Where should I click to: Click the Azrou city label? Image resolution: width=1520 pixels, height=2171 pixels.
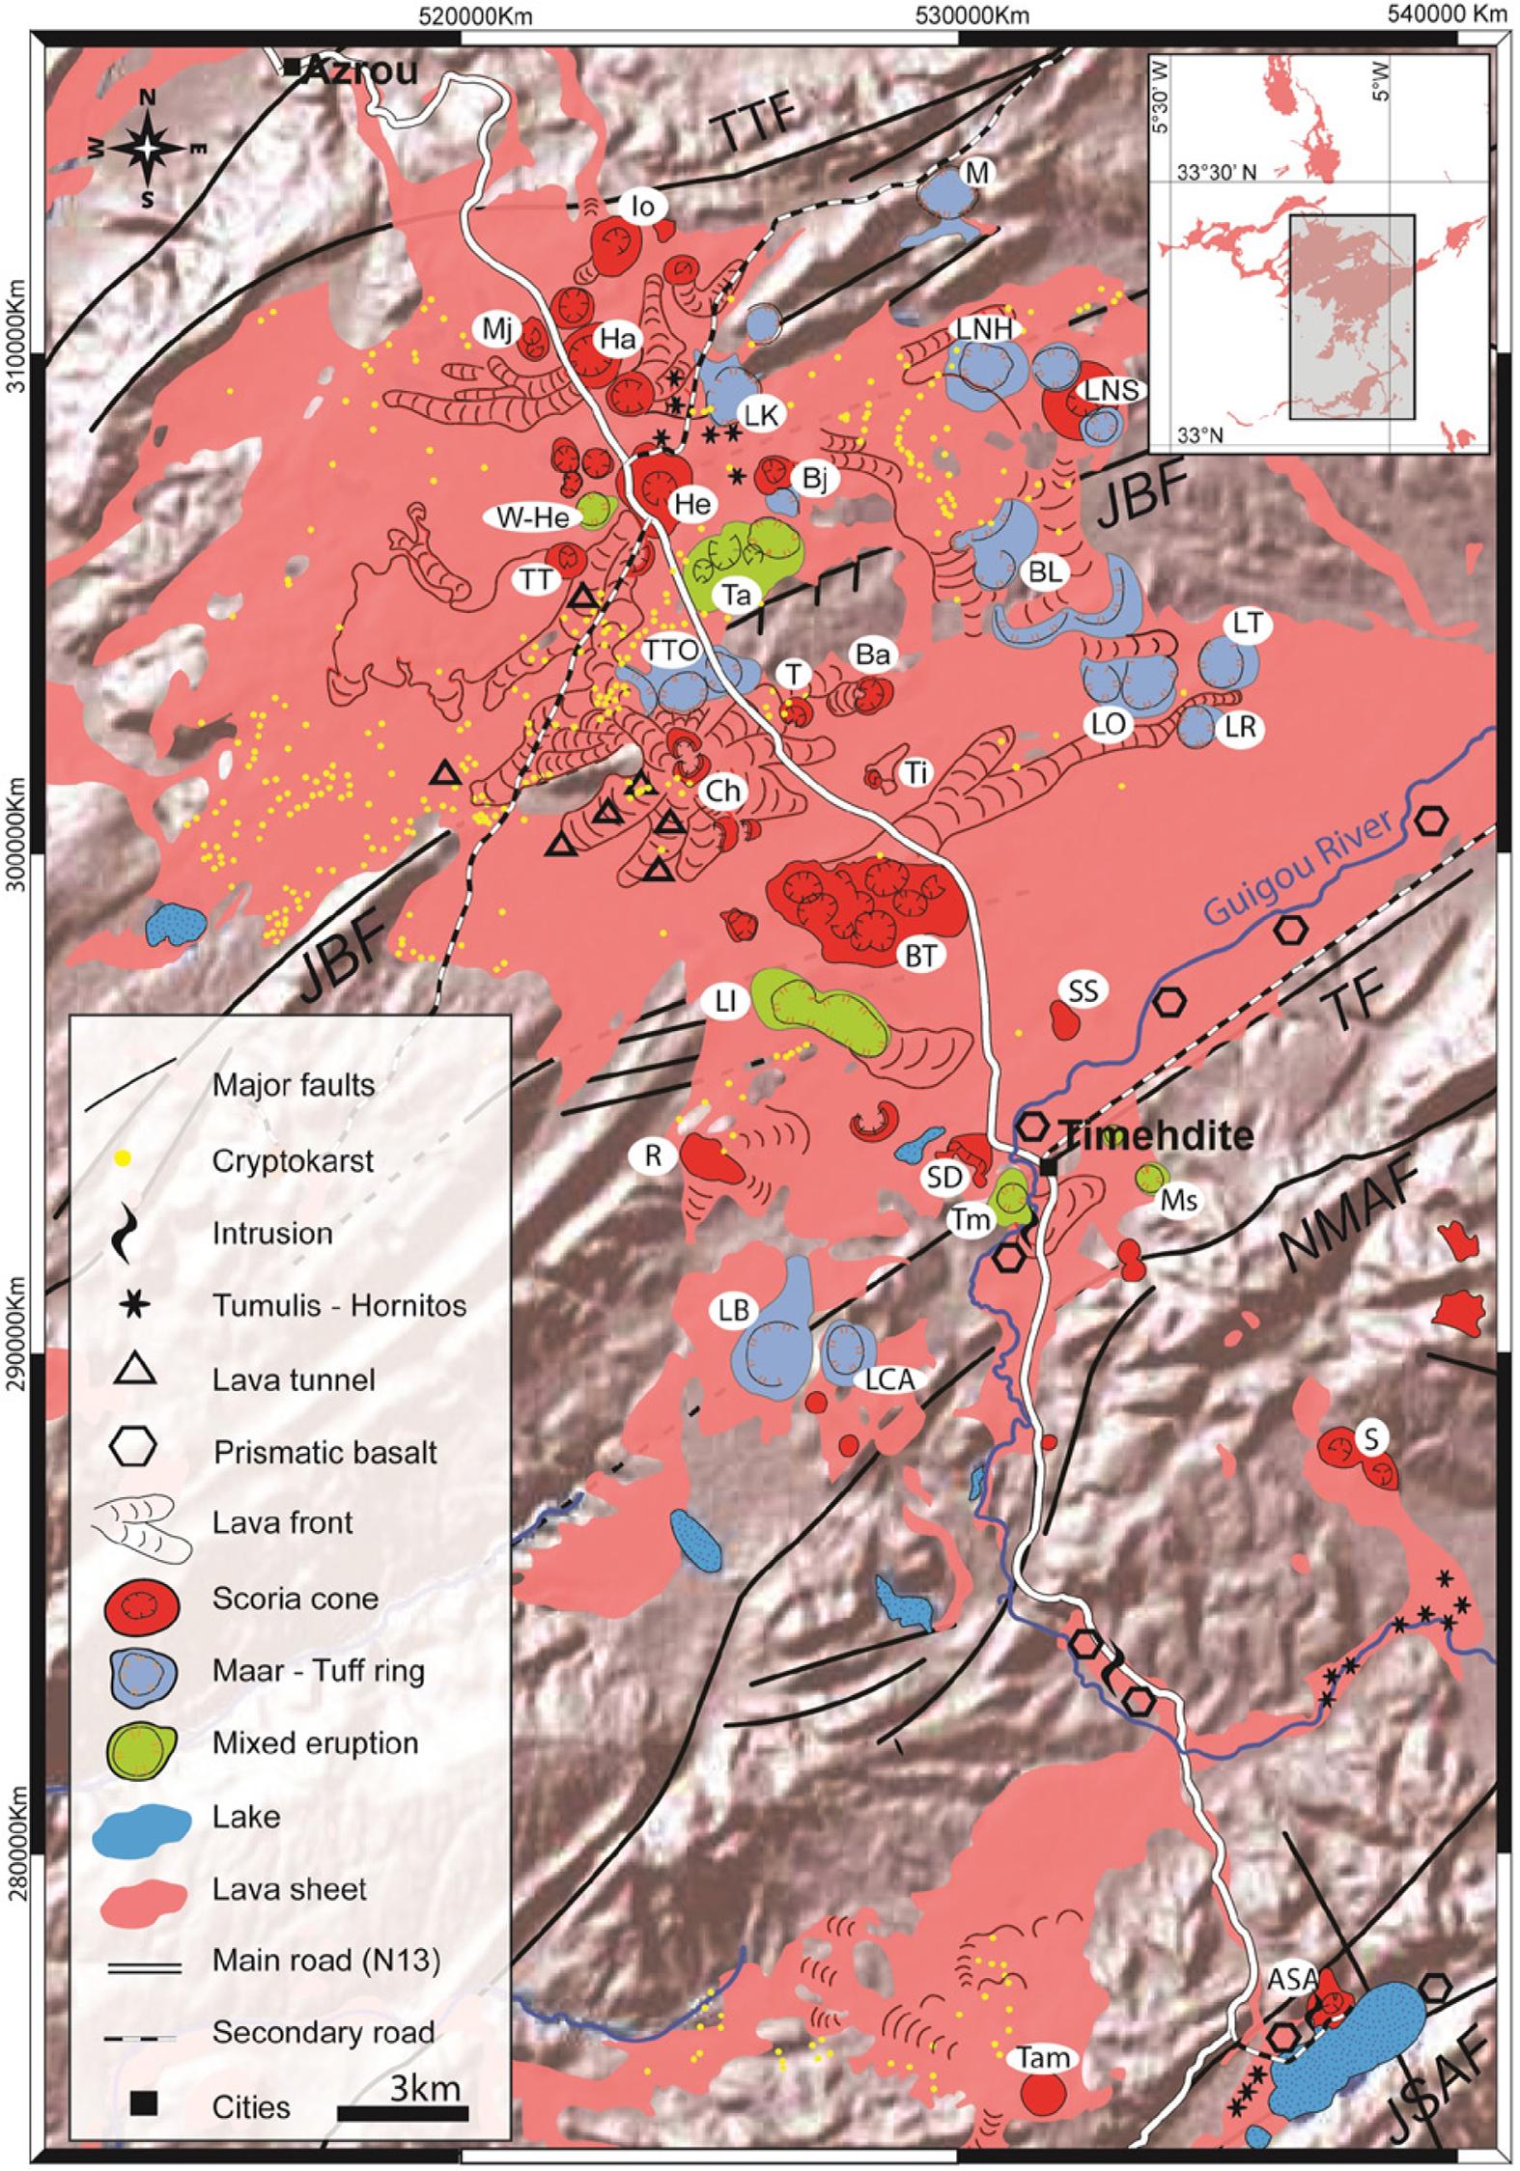click(363, 70)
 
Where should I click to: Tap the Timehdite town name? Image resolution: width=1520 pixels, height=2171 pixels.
click(1155, 1135)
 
